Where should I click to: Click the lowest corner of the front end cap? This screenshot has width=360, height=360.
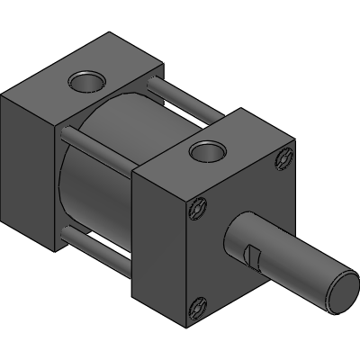click(x=193, y=323)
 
